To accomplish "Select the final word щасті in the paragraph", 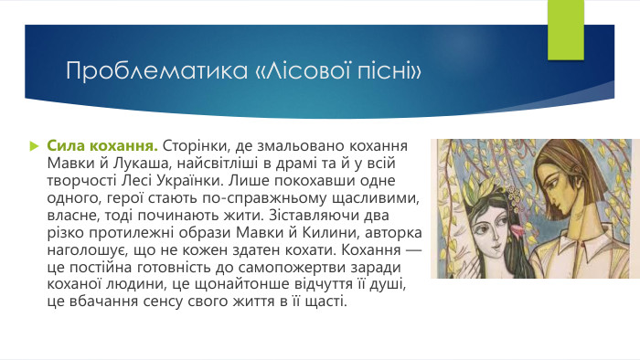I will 323,294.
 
